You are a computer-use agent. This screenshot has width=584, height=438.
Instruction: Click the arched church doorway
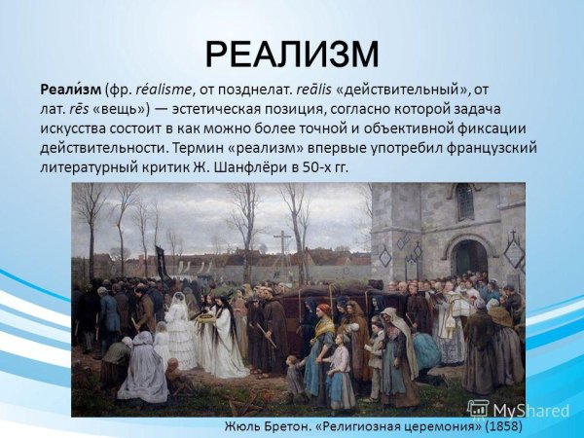[468, 258]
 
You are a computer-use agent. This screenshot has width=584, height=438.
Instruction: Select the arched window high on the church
[465, 201]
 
